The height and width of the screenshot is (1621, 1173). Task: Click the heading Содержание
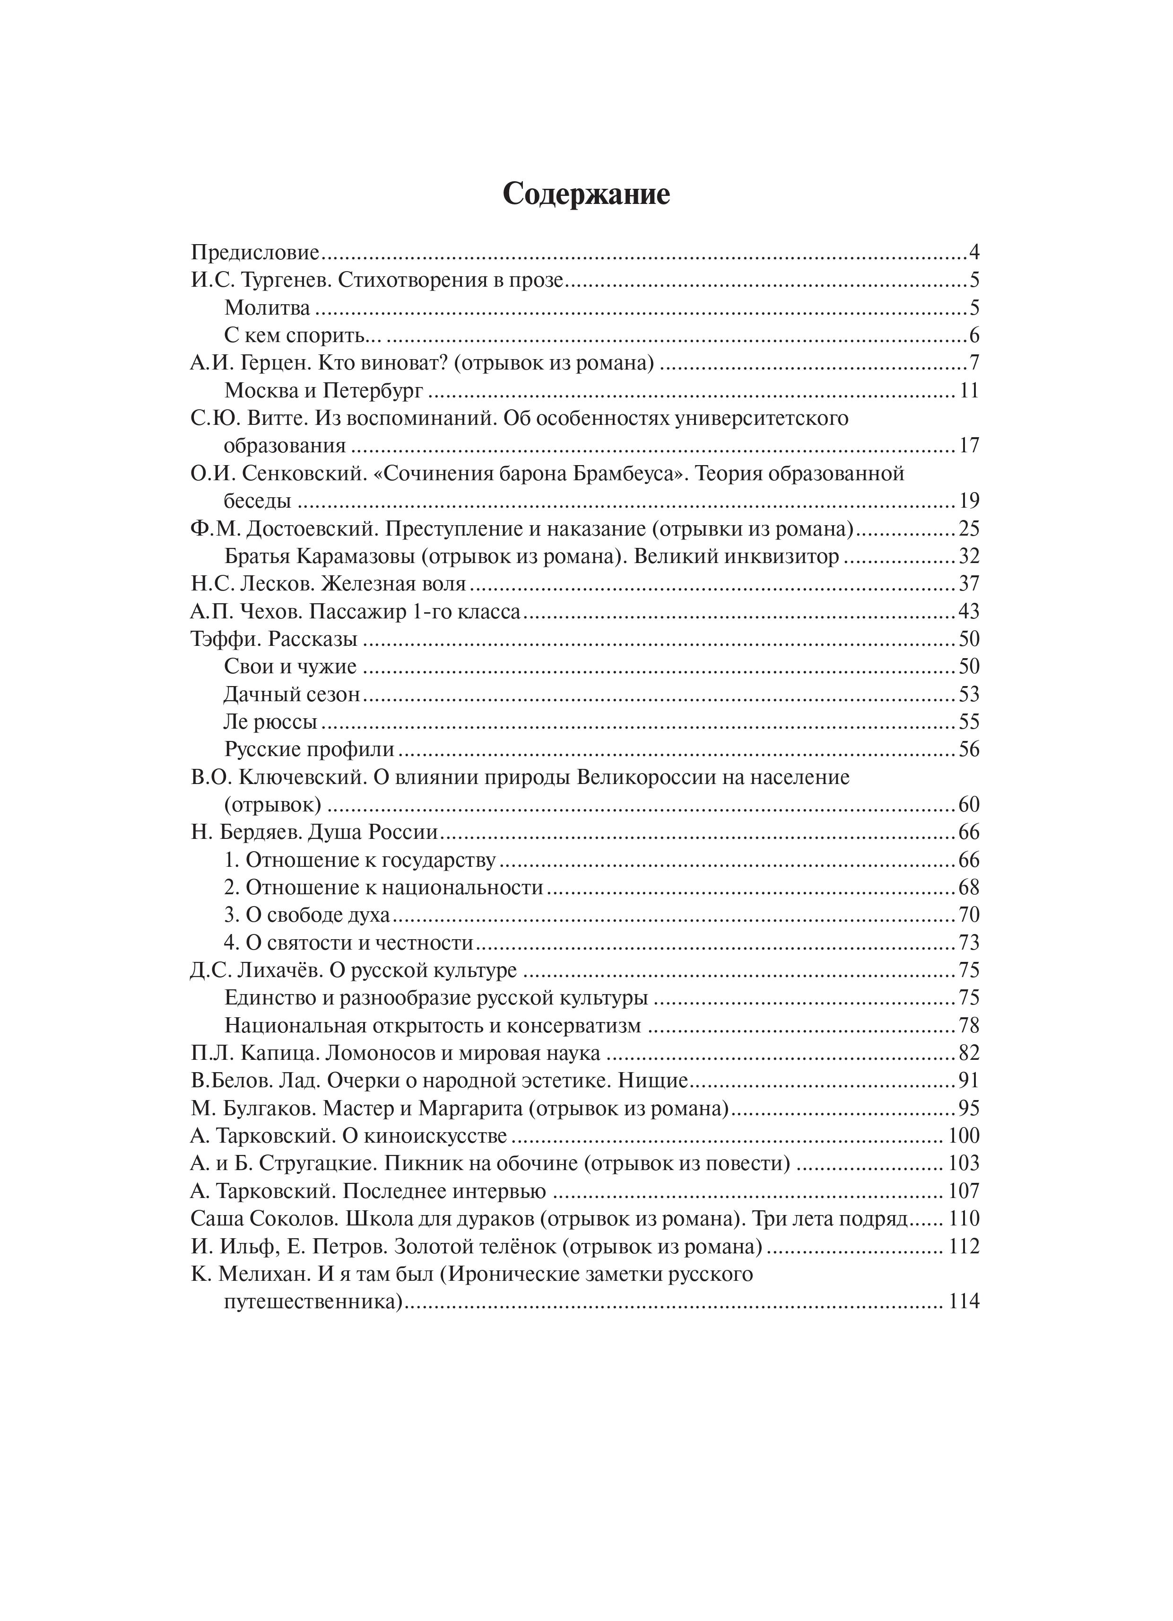pos(586,194)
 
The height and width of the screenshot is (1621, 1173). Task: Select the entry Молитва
pos(267,308)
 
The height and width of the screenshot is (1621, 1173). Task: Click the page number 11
pos(969,391)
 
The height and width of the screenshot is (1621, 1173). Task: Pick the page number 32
pos(969,556)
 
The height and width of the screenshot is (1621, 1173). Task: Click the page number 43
pos(969,612)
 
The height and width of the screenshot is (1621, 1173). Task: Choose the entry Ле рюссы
pos(271,722)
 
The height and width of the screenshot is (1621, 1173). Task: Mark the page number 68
pos(969,888)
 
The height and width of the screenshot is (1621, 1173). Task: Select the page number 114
pos(964,1302)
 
